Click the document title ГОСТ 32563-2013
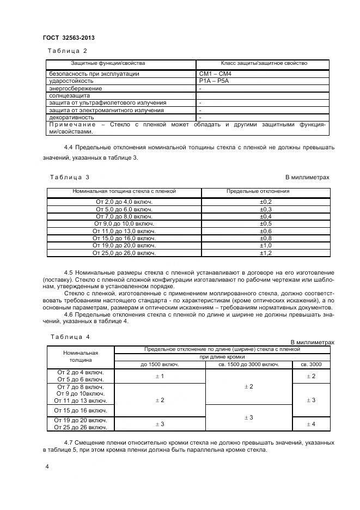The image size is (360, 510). [69, 38]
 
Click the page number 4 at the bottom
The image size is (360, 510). [47, 467]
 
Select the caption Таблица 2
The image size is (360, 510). [68, 51]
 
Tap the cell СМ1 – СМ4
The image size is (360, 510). [216, 74]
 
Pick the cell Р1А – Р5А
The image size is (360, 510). [215, 81]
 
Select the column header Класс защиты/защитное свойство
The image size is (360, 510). [264, 64]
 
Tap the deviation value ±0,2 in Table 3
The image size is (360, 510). [266, 202]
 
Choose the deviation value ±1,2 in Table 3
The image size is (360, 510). [266, 253]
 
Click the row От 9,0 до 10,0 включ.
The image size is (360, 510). [124, 223]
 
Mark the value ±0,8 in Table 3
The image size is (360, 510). [266, 238]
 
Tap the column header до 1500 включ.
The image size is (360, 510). [160, 364]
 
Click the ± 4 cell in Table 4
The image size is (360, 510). [311, 423]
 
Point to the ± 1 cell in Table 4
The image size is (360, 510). [160, 376]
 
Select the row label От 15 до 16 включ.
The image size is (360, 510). [81, 410]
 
